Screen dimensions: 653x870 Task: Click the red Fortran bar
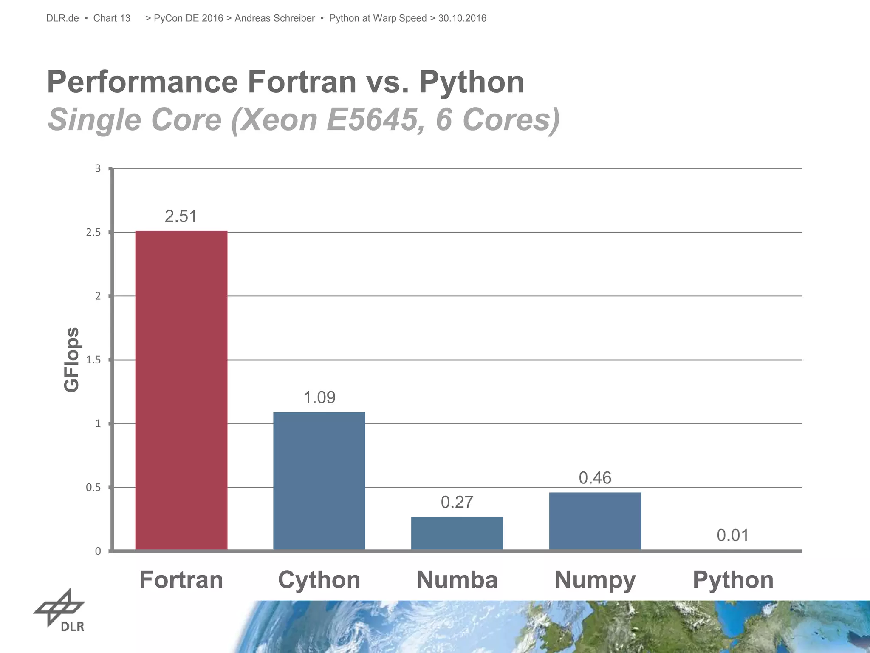point(181,390)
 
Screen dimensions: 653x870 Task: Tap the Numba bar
point(457,533)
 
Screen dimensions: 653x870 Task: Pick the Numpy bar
point(595,521)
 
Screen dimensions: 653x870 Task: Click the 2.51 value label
point(181,216)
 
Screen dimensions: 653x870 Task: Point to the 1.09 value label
point(319,397)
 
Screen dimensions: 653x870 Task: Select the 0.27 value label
point(457,502)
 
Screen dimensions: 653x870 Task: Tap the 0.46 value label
point(595,478)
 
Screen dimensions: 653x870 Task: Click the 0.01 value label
point(733,535)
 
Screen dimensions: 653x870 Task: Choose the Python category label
point(733,580)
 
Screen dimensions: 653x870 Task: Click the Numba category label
point(457,580)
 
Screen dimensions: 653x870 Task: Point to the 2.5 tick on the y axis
point(93,233)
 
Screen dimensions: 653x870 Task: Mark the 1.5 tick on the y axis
point(93,360)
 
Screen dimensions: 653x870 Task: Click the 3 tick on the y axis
point(98,169)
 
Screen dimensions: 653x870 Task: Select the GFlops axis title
point(72,360)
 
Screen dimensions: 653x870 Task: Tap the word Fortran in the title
point(302,82)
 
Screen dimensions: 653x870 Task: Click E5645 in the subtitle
point(372,119)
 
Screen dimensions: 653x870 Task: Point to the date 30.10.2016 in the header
point(462,18)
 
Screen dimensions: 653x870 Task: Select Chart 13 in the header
point(112,18)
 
